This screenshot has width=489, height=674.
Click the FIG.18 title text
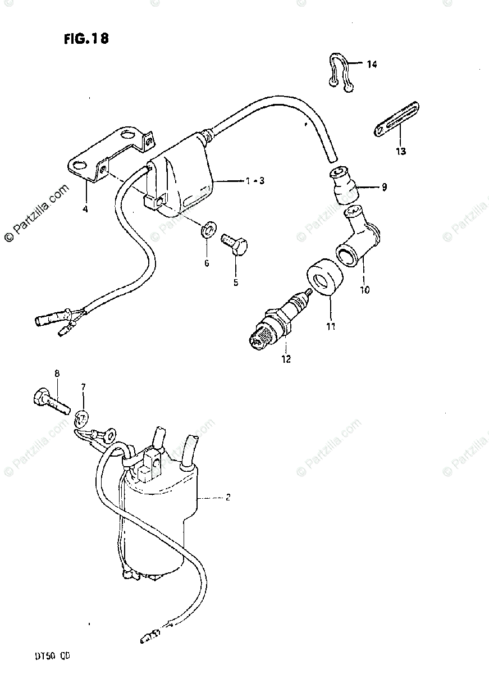pos(86,39)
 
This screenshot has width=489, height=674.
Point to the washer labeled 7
pos(81,418)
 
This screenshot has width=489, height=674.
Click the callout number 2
pos(227,497)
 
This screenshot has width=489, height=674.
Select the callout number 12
pos(286,359)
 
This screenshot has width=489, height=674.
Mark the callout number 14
pos(372,64)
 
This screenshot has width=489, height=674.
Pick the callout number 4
pos(85,210)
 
